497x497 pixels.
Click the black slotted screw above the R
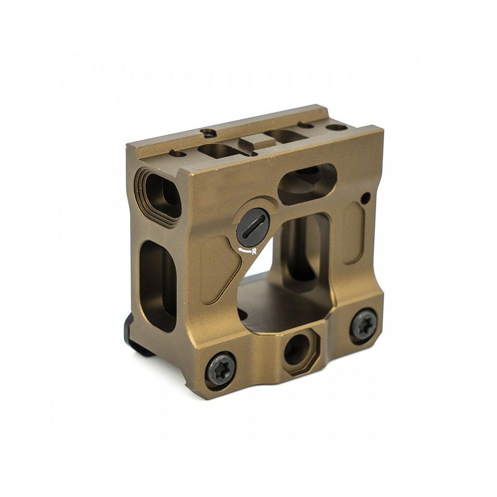tap(253, 226)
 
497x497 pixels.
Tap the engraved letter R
tap(254, 251)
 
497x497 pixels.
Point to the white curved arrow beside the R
tap(244, 250)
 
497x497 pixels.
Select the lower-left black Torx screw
tap(220, 368)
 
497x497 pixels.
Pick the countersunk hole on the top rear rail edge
tap(208, 133)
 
